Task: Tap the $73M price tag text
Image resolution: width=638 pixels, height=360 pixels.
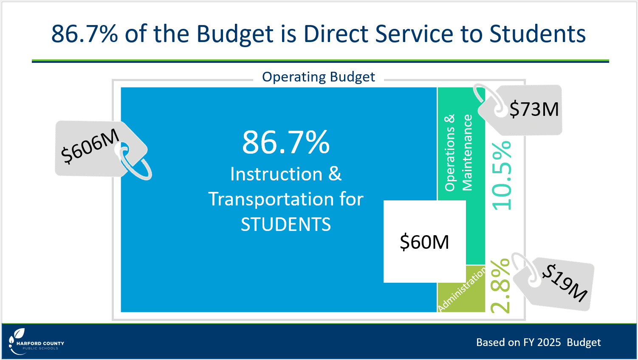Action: (534, 109)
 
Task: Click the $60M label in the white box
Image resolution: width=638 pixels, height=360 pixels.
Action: (424, 242)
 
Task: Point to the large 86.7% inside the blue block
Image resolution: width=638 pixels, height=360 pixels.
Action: (286, 142)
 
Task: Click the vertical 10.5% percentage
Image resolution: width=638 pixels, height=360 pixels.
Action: (502, 176)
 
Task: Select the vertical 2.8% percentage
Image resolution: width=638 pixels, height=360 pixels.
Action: (500, 286)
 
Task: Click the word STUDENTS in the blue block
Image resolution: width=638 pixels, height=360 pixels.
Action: (286, 225)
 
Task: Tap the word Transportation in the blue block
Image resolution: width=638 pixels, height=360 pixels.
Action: (271, 199)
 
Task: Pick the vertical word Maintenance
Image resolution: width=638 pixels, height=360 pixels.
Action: (467, 152)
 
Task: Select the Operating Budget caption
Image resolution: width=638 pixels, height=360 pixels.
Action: (319, 77)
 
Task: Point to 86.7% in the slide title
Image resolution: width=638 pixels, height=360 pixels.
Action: (85, 34)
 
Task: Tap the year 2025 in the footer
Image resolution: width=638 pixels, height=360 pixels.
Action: (549, 342)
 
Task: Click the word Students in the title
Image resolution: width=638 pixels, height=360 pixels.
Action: (537, 34)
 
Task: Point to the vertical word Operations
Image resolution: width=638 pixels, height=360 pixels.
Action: (450, 152)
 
